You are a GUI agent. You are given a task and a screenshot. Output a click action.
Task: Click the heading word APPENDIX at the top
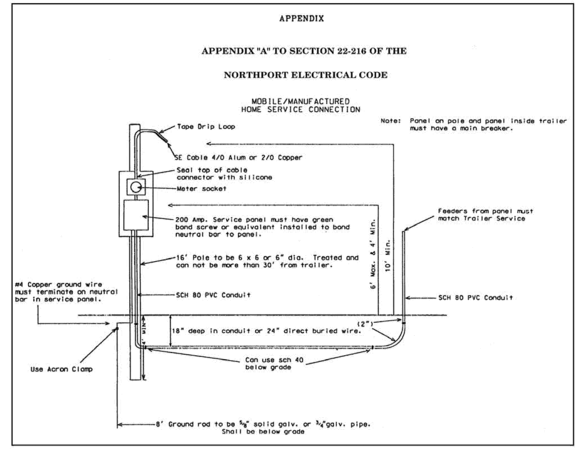click(301, 19)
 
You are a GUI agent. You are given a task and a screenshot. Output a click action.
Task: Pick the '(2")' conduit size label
click(365, 324)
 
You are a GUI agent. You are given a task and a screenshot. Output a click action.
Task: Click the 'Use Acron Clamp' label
click(61, 369)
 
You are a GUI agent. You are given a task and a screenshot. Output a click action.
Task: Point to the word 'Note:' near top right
click(391, 121)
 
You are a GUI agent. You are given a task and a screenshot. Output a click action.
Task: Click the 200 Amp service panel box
click(136, 215)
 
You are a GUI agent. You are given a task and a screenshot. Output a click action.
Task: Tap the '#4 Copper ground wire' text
click(58, 284)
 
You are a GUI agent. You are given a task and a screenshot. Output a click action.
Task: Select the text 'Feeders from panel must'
click(485, 211)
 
